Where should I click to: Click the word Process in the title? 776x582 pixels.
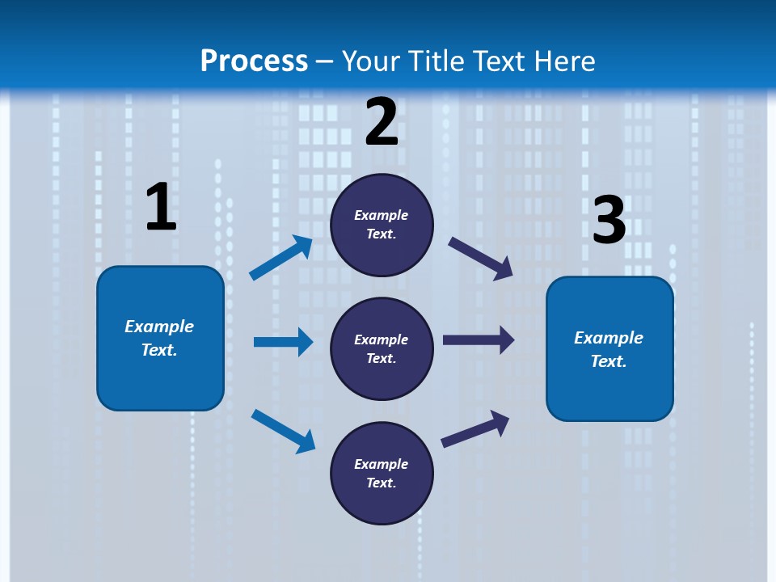pos(254,61)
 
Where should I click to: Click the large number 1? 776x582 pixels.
pos(161,207)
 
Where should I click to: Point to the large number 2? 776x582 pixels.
pos(382,122)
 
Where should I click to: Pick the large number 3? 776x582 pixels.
pos(609,221)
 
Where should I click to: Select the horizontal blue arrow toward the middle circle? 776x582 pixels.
pos(283,342)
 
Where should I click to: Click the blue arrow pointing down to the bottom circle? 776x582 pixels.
pos(283,431)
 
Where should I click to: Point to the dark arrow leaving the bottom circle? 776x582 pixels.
pos(475,428)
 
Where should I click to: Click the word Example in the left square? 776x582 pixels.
pos(159,327)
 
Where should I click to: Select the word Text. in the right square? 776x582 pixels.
pos(609,361)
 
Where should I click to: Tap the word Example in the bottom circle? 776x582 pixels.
pos(382,464)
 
